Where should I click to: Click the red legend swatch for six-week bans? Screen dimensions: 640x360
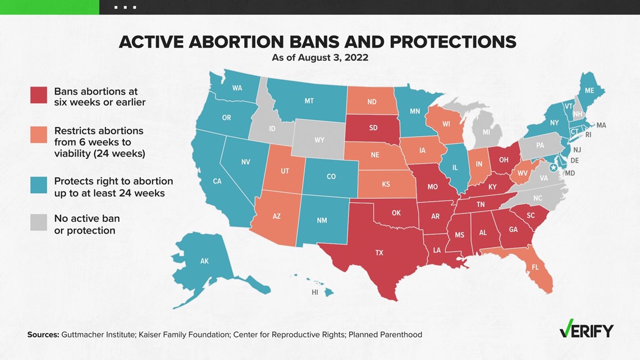(x=38, y=95)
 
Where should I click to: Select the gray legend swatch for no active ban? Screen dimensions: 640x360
(x=38, y=223)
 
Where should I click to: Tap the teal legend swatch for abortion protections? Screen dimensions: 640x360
(x=38, y=185)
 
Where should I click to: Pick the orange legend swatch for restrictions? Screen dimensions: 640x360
(x=38, y=135)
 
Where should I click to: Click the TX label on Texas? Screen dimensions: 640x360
(x=379, y=253)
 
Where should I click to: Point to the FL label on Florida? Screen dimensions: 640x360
(x=535, y=267)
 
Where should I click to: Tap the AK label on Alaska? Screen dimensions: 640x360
(x=204, y=261)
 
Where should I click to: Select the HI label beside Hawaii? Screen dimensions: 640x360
(x=315, y=292)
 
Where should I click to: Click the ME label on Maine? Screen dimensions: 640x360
(x=589, y=90)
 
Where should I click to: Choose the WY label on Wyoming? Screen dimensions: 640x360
(x=319, y=140)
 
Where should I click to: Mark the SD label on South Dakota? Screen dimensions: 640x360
(x=373, y=127)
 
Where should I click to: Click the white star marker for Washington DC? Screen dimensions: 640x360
(x=554, y=167)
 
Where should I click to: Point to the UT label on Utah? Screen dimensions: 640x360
(x=285, y=171)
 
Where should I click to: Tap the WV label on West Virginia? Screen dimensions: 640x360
(x=523, y=174)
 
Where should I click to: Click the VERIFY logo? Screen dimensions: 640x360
(x=586, y=329)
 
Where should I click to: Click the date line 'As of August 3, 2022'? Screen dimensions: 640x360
(x=320, y=57)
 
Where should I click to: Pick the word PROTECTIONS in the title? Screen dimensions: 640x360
(x=453, y=42)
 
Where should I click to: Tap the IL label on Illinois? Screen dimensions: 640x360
(x=455, y=167)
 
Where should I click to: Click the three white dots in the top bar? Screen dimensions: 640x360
(x=125, y=7)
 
